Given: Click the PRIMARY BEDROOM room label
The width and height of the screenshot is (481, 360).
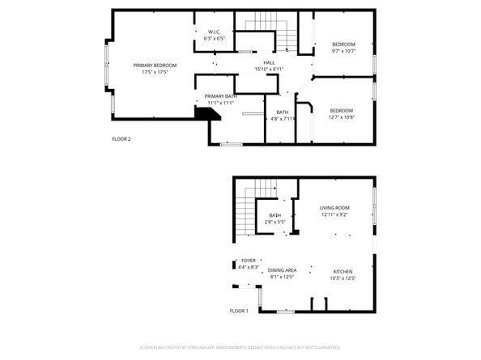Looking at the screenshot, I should [155, 65].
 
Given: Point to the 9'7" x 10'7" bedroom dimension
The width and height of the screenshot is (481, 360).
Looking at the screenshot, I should [343, 50].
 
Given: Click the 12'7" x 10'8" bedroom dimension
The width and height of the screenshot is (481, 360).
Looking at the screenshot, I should [343, 116].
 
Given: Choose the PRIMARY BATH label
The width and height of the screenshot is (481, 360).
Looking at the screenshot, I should [219, 96].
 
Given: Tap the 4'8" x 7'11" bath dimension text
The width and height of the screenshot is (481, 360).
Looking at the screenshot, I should [283, 119].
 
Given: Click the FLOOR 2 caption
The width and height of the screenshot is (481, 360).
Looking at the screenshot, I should [121, 139].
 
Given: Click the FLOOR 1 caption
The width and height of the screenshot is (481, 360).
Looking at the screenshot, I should [238, 311].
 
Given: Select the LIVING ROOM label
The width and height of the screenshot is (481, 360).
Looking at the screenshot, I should [334, 207].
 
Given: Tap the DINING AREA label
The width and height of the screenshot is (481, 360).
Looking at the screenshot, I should [282, 270].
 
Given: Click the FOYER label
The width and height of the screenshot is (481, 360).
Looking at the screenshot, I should [249, 260].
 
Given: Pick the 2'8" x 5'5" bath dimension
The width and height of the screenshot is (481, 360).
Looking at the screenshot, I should [275, 222].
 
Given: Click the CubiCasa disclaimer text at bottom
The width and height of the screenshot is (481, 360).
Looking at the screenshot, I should [240, 348].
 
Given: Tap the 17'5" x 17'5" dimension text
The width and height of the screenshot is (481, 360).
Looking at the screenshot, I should [155, 72].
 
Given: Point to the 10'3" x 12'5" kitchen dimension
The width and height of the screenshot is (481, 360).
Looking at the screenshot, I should [344, 277].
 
